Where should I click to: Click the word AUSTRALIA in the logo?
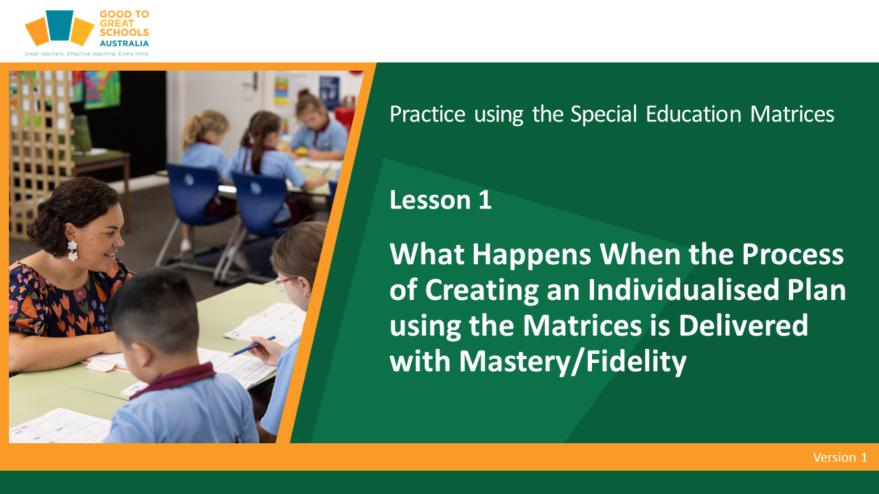(124, 43)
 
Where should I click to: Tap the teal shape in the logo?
(60, 25)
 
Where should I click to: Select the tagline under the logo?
(87, 54)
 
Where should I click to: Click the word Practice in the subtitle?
(427, 115)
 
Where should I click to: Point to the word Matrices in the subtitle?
(792, 114)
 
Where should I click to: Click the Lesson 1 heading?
(440, 200)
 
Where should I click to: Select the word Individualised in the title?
(683, 290)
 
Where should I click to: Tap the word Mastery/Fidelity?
(573, 361)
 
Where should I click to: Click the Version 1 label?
(840, 457)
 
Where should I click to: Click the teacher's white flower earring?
(73, 250)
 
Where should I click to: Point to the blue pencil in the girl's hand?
(252, 346)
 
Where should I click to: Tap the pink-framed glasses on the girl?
(284, 284)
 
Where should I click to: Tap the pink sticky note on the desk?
(101, 365)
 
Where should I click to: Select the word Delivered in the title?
(743, 325)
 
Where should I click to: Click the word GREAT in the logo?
(117, 23)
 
